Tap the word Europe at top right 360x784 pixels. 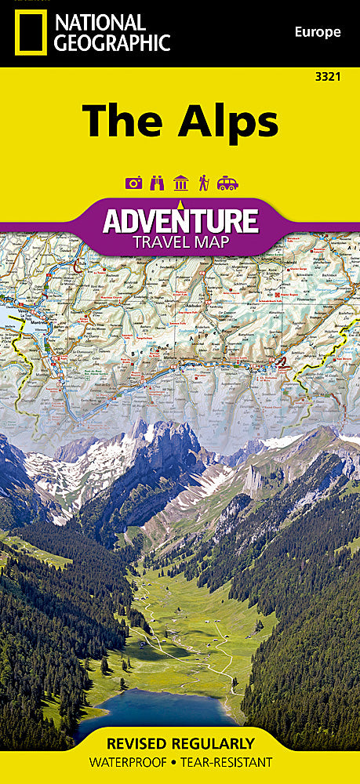(318, 32)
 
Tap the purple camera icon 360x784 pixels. (133, 183)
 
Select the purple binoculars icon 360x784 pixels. (158, 183)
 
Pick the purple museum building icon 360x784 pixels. (181, 183)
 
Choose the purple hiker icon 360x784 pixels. (203, 183)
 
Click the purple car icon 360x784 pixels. (227, 183)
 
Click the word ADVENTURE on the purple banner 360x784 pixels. (180, 220)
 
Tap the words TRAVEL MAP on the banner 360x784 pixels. (180, 241)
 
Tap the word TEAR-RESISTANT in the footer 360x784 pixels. (230, 762)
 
